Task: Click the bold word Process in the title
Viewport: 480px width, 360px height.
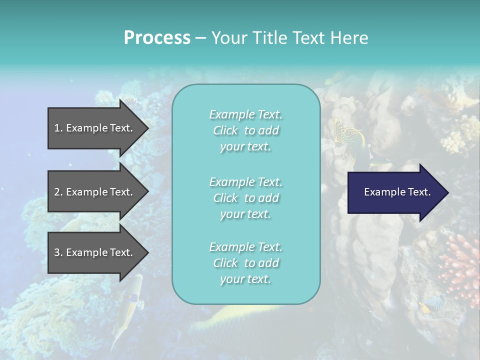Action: point(157,38)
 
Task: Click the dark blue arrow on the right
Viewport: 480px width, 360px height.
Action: point(395,192)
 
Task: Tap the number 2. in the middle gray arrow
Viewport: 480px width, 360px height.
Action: point(58,192)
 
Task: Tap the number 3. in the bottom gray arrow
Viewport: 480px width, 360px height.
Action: point(58,252)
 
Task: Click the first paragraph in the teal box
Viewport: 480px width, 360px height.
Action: point(245,130)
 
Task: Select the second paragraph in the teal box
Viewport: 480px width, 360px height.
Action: point(245,198)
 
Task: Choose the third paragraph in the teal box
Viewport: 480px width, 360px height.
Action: point(245,263)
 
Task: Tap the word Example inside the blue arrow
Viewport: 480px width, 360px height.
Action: point(381,192)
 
